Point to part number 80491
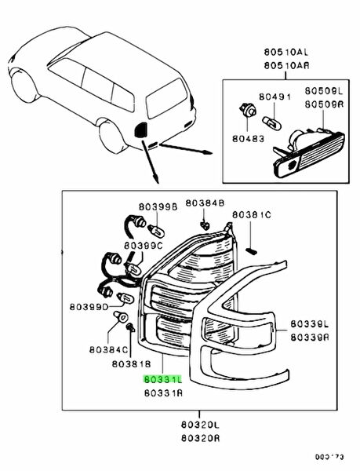pos(275,97)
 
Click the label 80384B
pos(205,203)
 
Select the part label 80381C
pos(252,214)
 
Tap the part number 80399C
pos(144,246)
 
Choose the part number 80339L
pos(309,323)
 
